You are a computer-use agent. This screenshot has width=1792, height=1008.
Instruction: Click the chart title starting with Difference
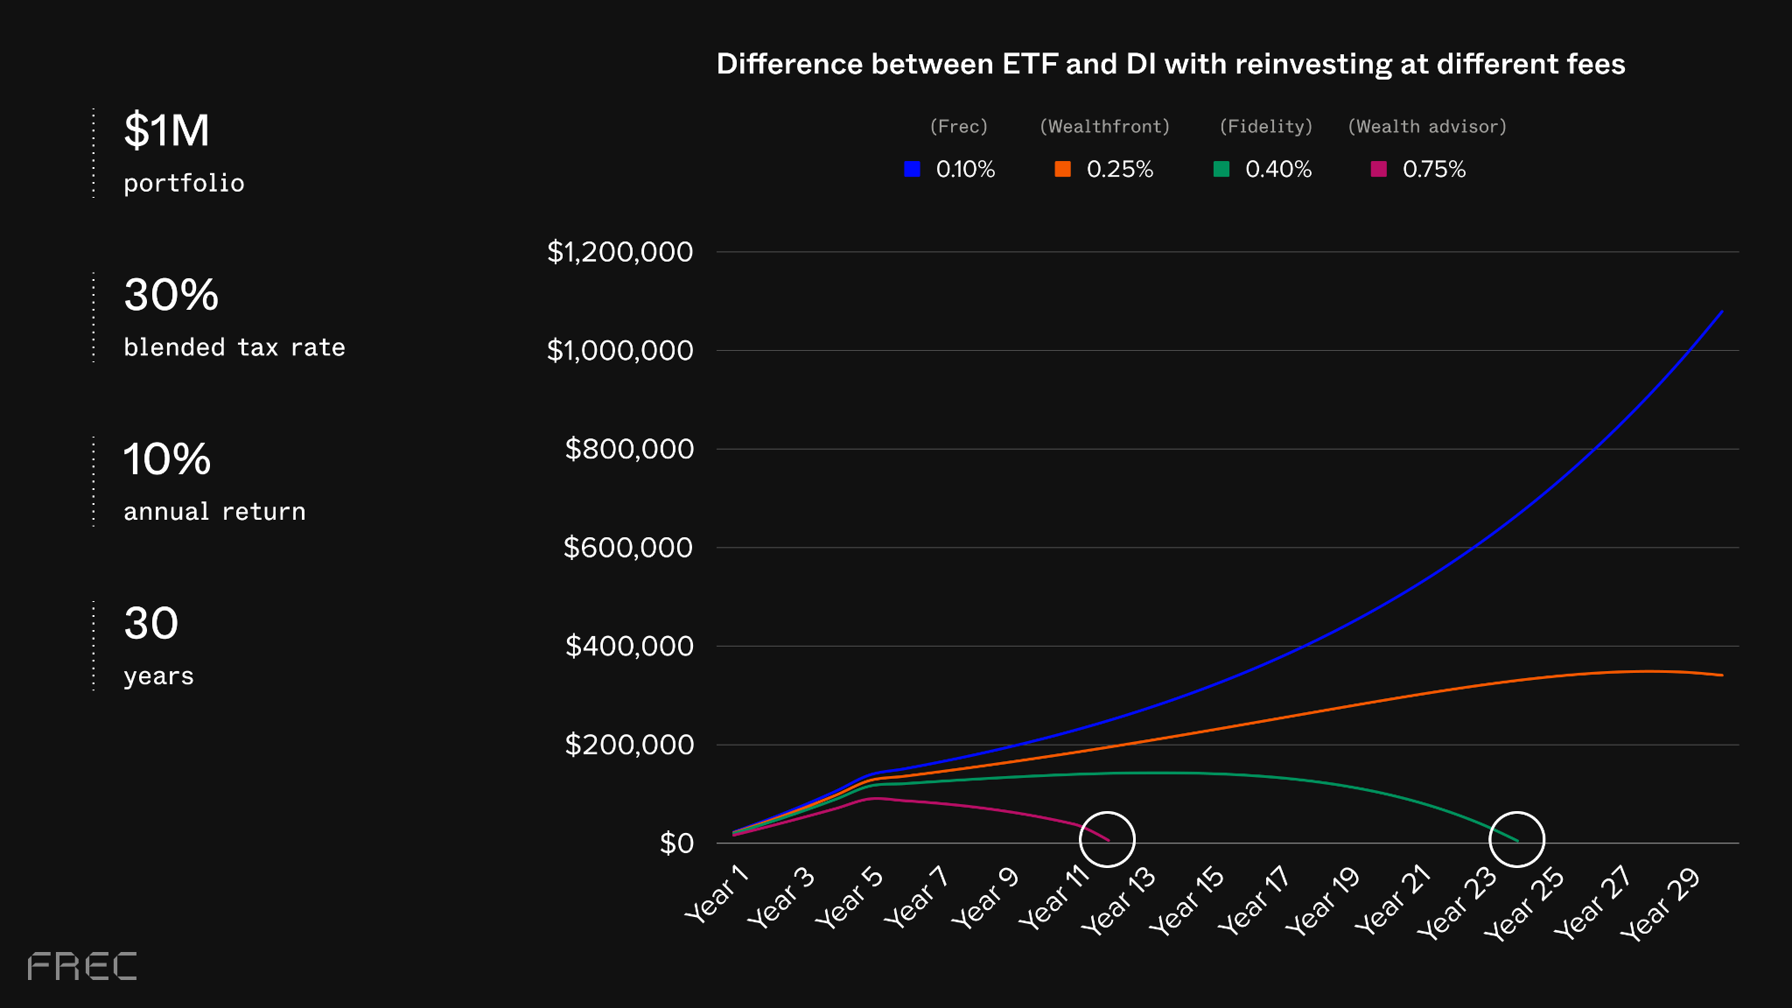point(1170,64)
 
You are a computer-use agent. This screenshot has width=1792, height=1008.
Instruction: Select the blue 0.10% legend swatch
point(912,169)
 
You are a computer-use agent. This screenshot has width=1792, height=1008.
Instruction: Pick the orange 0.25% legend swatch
point(1062,169)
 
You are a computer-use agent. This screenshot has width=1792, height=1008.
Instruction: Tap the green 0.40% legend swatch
point(1221,169)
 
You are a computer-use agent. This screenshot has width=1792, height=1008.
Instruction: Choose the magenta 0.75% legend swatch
point(1378,169)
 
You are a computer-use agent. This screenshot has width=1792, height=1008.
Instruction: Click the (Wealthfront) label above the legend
point(1104,126)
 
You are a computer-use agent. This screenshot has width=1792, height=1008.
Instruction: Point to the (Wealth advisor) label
point(1426,126)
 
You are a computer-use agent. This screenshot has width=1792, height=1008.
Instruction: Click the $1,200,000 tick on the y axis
point(619,252)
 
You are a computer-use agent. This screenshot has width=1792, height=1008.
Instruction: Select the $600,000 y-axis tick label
point(627,548)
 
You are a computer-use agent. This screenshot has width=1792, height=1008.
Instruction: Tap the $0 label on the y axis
point(675,843)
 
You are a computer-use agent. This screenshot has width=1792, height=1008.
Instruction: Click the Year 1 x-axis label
point(717,893)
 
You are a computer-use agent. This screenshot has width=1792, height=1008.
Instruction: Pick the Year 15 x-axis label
point(1186,900)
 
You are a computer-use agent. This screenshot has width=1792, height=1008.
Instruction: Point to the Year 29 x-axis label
point(1660,904)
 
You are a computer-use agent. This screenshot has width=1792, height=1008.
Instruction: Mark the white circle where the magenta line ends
point(1107,838)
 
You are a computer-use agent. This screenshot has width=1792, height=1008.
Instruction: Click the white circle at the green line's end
point(1516,838)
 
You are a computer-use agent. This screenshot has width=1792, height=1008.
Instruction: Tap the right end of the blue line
point(1721,311)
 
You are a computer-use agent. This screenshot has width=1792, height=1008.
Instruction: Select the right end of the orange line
point(1721,675)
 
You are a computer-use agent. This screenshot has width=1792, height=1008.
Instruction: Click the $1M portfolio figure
point(166,130)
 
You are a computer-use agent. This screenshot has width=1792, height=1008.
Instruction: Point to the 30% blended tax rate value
point(171,295)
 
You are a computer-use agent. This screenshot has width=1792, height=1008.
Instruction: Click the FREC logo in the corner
point(82,966)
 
